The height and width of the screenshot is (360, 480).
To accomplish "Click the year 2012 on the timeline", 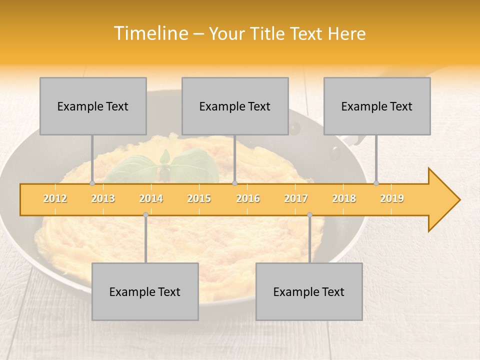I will click(x=55, y=198).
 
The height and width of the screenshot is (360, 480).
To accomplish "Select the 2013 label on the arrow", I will click(x=103, y=198).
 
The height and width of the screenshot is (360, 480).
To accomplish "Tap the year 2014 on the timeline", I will click(x=151, y=198).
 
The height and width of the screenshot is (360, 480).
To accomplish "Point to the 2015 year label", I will click(x=199, y=198).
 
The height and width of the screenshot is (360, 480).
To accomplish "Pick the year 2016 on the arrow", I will click(x=248, y=198).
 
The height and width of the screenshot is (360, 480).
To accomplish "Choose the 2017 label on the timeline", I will click(x=296, y=198).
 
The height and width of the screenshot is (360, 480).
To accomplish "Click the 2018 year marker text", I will click(x=344, y=198).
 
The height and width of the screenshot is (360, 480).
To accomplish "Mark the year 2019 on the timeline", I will click(x=392, y=198).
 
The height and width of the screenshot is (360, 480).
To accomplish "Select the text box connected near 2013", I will click(x=93, y=106).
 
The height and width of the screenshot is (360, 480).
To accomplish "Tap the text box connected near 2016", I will click(x=235, y=106).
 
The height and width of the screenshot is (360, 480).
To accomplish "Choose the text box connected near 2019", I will click(x=377, y=106).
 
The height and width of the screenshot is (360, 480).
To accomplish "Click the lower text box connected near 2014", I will click(x=145, y=291).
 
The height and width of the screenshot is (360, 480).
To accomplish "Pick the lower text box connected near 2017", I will click(x=309, y=291).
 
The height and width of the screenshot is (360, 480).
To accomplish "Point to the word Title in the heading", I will click(x=268, y=33).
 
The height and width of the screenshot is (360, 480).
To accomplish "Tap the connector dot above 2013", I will click(x=92, y=183).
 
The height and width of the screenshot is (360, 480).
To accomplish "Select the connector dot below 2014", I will click(x=145, y=215).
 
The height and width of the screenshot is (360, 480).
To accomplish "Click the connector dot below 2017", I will click(x=309, y=215).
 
